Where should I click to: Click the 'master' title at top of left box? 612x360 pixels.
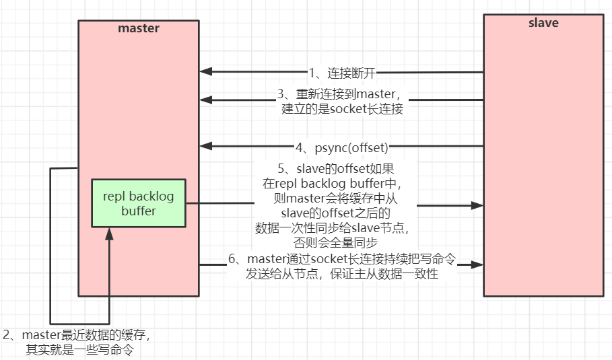[x=138, y=28]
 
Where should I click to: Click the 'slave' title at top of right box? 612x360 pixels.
[x=543, y=23]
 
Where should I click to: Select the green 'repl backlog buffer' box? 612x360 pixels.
[x=139, y=203]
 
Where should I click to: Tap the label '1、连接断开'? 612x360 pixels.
[x=342, y=73]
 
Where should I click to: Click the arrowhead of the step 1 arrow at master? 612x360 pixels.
[x=206, y=72]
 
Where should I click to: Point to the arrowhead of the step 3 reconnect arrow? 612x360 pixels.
[x=206, y=100]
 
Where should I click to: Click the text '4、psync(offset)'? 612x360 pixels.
[x=342, y=146]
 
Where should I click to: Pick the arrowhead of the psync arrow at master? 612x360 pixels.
[x=206, y=146]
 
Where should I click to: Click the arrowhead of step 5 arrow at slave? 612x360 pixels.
[x=477, y=204]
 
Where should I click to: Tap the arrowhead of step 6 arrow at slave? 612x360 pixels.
[x=477, y=265]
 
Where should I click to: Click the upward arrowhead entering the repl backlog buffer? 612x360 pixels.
[x=108, y=232]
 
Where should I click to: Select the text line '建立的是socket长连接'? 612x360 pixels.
[x=342, y=109]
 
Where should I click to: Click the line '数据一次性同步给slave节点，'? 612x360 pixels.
[x=335, y=227]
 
